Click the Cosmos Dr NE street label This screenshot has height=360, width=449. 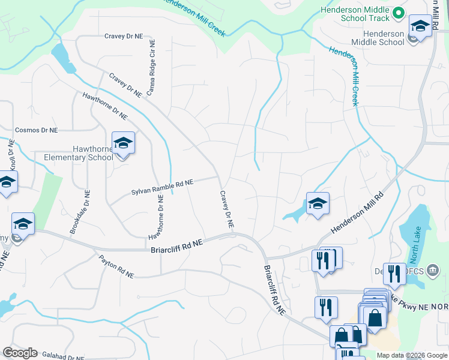(x=36, y=130)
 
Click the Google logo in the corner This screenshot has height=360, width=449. (x=20, y=353)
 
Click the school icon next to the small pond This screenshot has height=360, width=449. (x=318, y=204)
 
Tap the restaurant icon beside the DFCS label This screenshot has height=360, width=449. (x=394, y=274)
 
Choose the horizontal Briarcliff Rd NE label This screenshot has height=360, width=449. (x=177, y=244)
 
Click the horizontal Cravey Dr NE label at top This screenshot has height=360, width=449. (x=124, y=36)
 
